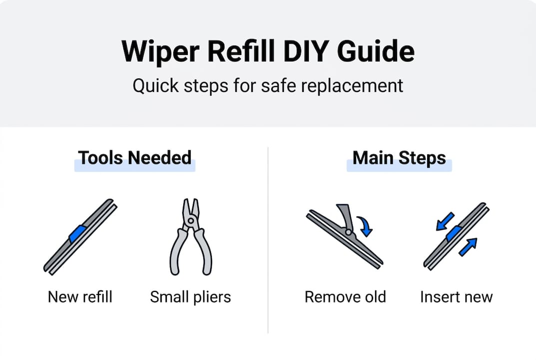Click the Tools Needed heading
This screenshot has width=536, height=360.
coord(135,158)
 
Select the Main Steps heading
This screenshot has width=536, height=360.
coord(399,158)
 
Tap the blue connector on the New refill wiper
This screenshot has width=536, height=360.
coord(78,234)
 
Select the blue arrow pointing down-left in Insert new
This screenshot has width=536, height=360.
coord(445,221)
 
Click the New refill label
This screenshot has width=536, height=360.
coord(80,296)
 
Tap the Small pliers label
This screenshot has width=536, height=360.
coord(190,296)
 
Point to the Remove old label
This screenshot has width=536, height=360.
coord(345,296)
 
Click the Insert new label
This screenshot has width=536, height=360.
coord(456,296)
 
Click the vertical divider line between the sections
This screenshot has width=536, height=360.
coord(268,240)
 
